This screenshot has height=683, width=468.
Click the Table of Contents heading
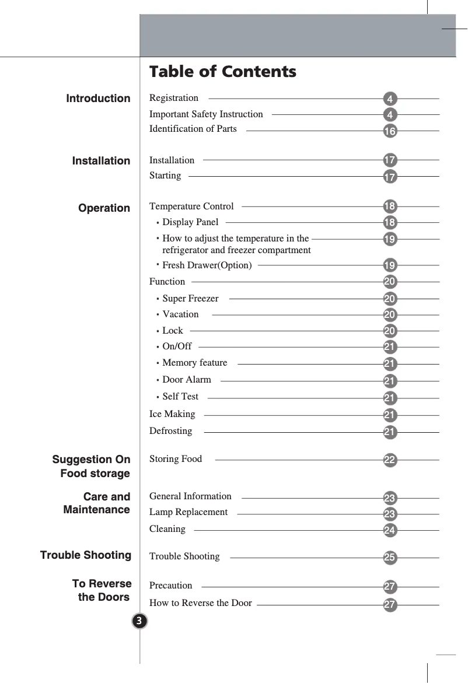click(222, 72)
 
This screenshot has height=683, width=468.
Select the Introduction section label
click(98, 99)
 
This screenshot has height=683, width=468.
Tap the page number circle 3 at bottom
click(139, 621)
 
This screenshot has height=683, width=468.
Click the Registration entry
click(174, 98)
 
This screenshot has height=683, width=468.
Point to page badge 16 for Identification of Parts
click(390, 131)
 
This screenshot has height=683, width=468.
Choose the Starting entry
click(165, 176)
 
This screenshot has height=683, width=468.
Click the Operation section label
click(104, 208)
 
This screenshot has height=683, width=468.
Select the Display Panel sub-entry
click(190, 222)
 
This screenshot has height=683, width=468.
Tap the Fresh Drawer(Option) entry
click(207, 266)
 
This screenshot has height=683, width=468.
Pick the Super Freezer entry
click(190, 299)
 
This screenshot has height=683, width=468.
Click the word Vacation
click(180, 314)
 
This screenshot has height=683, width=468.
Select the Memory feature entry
click(194, 363)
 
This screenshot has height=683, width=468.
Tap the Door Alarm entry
click(187, 380)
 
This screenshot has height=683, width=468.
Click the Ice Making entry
click(172, 414)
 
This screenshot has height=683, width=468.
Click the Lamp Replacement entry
click(188, 512)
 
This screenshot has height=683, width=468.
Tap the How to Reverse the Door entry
click(201, 603)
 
